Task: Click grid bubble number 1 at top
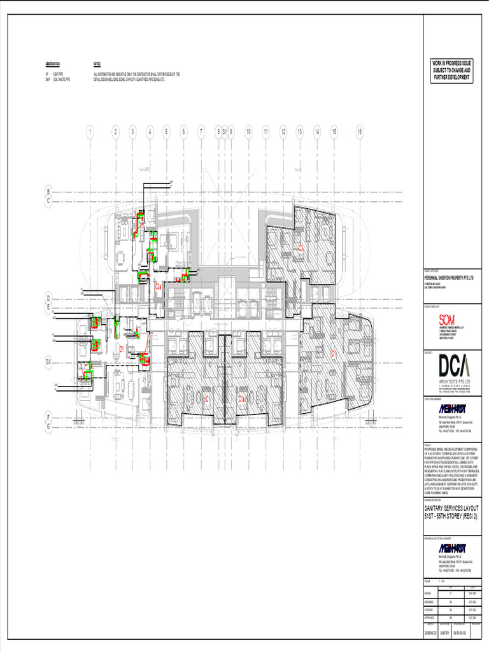[90, 132]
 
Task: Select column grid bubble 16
[360, 132]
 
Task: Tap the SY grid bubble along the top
[225, 132]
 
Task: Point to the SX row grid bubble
[48, 362]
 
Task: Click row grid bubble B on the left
[48, 191]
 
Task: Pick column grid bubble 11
[266, 132]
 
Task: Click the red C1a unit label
[242, 399]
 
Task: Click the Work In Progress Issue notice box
[451, 71]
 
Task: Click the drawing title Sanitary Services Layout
[451, 513]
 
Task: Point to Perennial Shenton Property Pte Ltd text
[450, 278]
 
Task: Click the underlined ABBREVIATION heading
[53, 64]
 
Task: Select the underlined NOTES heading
[97, 64]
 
